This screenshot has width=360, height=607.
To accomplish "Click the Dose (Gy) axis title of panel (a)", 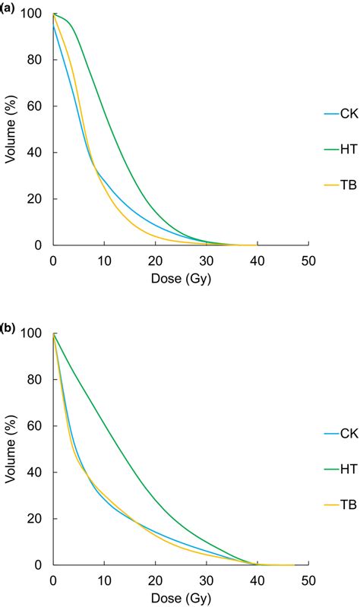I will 179,279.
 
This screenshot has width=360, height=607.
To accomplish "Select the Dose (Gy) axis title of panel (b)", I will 179,598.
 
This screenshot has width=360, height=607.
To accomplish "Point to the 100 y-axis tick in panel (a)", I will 32,14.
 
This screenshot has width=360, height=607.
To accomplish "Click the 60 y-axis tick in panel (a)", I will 35,107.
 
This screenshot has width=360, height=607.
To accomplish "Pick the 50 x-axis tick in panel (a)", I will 307,261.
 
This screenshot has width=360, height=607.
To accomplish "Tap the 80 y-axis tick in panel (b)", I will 35,380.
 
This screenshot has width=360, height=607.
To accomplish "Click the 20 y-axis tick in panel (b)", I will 35,519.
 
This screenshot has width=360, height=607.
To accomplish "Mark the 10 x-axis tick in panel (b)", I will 103,581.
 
